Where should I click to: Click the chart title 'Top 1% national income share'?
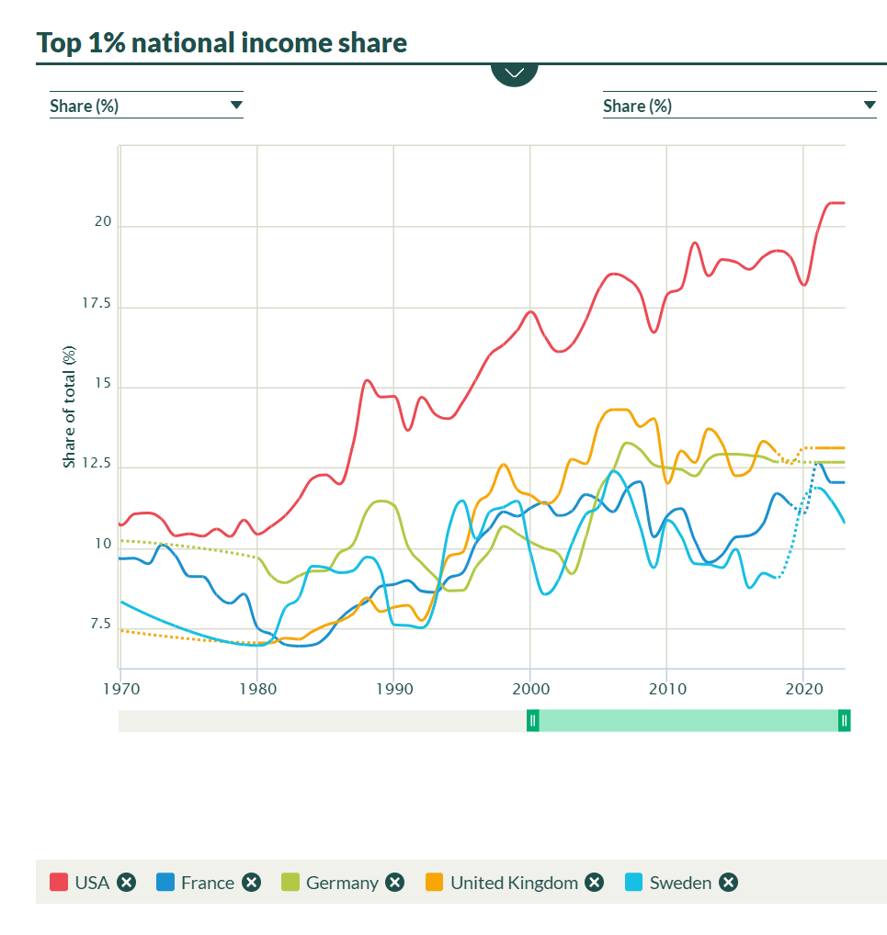pyautogui.click(x=222, y=42)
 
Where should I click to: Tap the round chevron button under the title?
pyautogui.click(x=514, y=72)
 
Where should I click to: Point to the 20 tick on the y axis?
pyautogui.click(x=103, y=222)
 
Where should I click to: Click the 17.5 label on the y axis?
pyautogui.click(x=97, y=303)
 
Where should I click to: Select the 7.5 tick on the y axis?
pyautogui.click(x=100, y=625)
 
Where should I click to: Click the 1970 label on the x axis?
pyautogui.click(x=120, y=687)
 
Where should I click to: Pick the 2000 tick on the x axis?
pyautogui.click(x=530, y=687)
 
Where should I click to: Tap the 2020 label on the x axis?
pyautogui.click(x=803, y=687)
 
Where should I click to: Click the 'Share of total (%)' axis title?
pyautogui.click(x=69, y=406)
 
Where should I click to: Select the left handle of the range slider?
pyautogui.click(x=532, y=721)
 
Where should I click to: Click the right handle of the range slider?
pyautogui.click(x=844, y=721)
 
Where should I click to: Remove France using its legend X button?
pyautogui.click(x=252, y=883)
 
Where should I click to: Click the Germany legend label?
pyautogui.click(x=342, y=883)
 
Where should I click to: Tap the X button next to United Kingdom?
pyautogui.click(x=595, y=883)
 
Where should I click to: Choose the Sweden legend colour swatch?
pyautogui.click(x=633, y=883)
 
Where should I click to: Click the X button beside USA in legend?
pyautogui.click(x=127, y=883)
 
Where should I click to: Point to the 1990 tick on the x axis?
pyautogui.click(x=393, y=687)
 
